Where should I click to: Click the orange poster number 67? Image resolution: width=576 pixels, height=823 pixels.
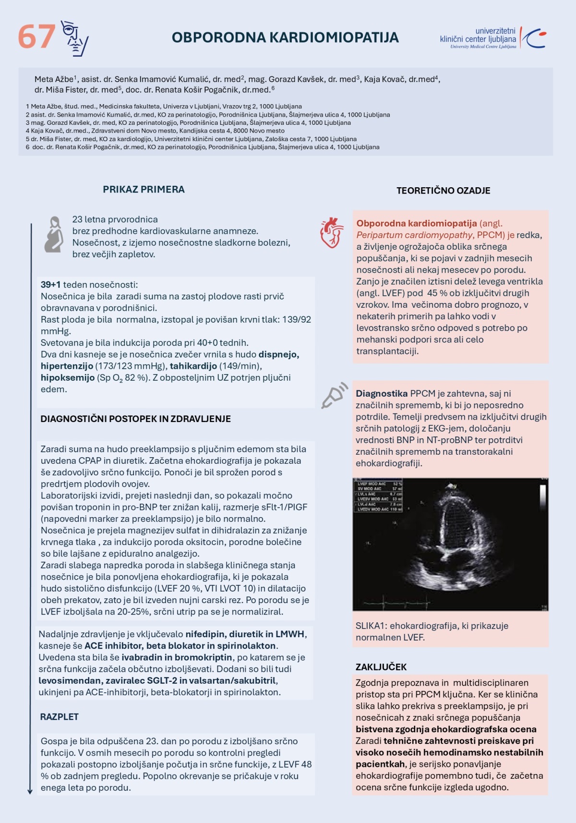click(36, 37)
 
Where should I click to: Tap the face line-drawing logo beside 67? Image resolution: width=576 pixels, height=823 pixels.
click(75, 38)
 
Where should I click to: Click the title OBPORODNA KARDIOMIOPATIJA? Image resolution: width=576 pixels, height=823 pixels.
click(285, 37)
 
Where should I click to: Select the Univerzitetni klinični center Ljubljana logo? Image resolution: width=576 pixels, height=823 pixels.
click(492, 38)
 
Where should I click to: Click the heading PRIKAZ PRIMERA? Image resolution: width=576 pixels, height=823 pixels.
click(144, 189)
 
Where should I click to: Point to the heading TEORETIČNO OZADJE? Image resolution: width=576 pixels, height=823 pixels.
click(443, 191)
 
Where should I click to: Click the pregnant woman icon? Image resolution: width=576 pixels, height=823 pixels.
click(54, 234)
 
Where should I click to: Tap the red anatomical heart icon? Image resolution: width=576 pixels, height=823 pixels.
click(332, 232)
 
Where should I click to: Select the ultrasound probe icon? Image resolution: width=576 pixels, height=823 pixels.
click(334, 395)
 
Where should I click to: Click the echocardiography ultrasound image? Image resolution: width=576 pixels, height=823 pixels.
click(450, 544)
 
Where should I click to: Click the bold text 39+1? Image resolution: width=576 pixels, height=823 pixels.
click(50, 285)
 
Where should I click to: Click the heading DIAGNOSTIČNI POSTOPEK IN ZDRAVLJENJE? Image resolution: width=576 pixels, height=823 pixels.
click(135, 419)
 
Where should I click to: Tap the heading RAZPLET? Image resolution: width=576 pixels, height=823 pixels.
click(59, 716)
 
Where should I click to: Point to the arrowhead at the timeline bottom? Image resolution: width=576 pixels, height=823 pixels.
click(30, 791)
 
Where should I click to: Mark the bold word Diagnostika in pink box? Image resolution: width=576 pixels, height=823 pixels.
click(382, 393)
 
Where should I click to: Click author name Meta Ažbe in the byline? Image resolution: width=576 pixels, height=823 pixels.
click(54, 79)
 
